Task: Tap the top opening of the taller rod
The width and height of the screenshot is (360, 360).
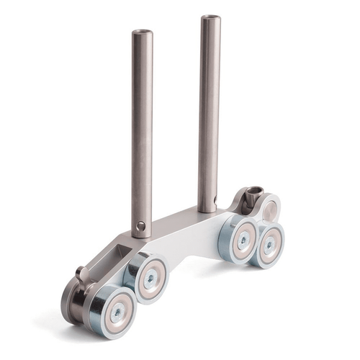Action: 210,17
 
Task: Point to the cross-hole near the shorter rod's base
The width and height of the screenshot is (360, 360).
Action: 141,226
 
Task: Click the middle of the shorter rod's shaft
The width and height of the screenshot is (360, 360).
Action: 141,130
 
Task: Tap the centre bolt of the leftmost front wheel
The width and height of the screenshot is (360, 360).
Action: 111,310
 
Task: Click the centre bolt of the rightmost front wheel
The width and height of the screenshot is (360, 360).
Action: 269,246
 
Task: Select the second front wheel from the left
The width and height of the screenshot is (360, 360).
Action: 150,278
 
